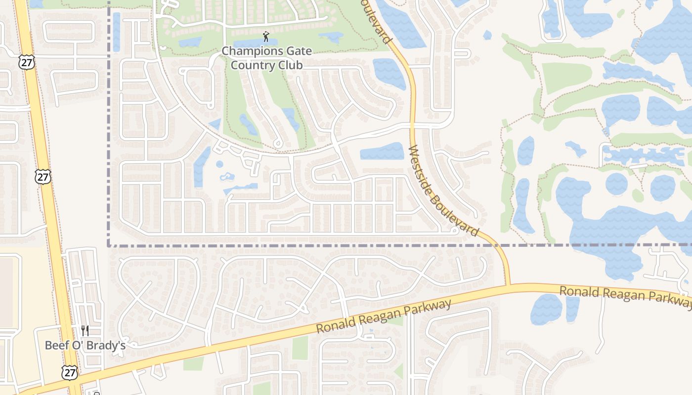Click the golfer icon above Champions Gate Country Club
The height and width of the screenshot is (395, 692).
[266, 37]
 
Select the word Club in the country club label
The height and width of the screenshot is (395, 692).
[290, 65]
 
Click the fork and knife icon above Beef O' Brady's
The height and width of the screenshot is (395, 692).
[85, 330]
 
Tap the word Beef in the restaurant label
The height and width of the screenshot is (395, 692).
[55, 345]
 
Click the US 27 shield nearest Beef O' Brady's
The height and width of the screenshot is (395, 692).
[70, 372]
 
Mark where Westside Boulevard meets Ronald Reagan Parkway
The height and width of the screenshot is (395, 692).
[508, 285]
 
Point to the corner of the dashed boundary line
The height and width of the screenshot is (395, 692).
[108, 245]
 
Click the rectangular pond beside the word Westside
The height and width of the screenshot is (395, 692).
[382, 152]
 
